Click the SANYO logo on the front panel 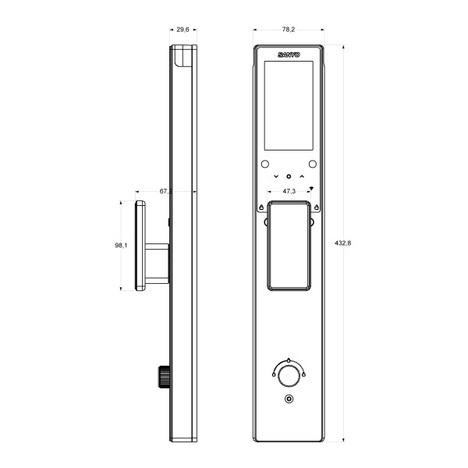289,55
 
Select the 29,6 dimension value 183,29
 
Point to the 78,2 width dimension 288,29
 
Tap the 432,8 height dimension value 342,243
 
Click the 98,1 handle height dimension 121,245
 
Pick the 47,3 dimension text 288,191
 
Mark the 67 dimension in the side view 165,190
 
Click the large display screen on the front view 289,105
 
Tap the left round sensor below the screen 264,165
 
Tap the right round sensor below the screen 312,165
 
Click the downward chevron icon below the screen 275,177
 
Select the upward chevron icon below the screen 301,177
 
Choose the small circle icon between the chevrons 288,177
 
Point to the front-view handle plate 288,245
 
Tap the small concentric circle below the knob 289,400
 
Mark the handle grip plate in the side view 140,245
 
